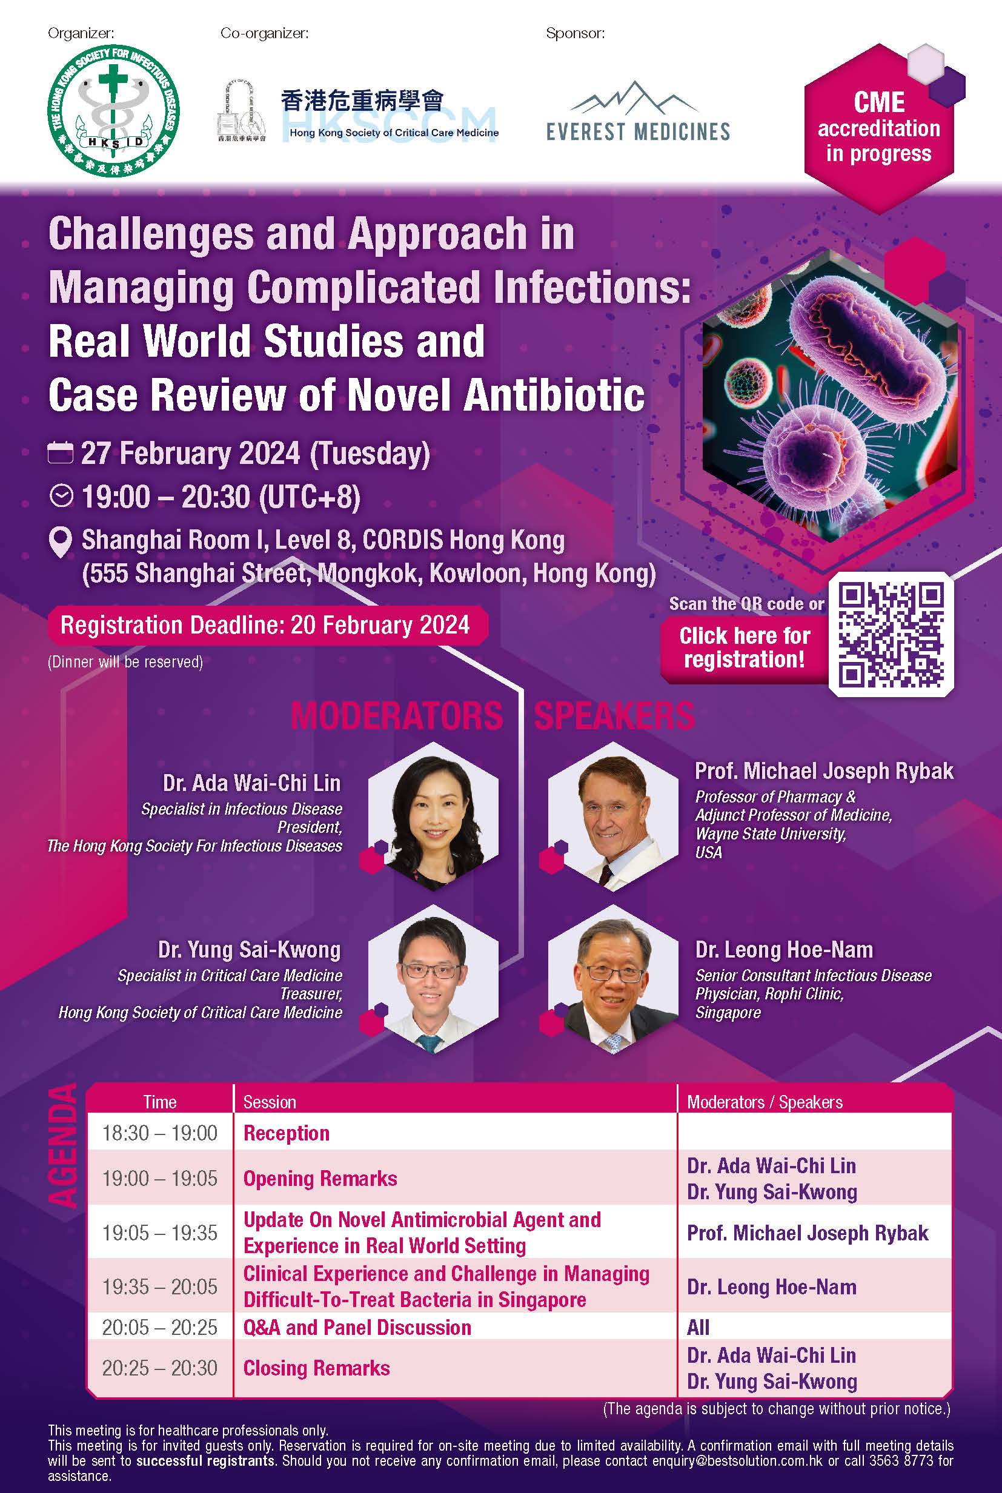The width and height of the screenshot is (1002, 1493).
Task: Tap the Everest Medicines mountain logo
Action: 638,111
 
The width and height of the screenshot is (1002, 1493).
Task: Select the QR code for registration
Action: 891,634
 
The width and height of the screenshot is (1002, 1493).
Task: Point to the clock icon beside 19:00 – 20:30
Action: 61,497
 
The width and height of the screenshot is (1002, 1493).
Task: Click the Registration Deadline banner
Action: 268,625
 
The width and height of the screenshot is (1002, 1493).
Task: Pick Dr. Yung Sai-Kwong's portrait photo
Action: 434,979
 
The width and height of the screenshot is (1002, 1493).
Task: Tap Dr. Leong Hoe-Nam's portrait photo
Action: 613,979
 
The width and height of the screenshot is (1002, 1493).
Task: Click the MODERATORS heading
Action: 397,715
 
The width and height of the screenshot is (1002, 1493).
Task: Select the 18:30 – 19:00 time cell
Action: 160,1133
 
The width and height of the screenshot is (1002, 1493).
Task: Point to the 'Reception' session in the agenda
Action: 287,1133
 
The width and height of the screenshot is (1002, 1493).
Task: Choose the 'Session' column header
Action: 270,1102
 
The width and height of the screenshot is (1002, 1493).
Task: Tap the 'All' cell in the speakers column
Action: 698,1327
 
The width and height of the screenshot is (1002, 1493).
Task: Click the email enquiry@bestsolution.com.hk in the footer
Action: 738,1460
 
